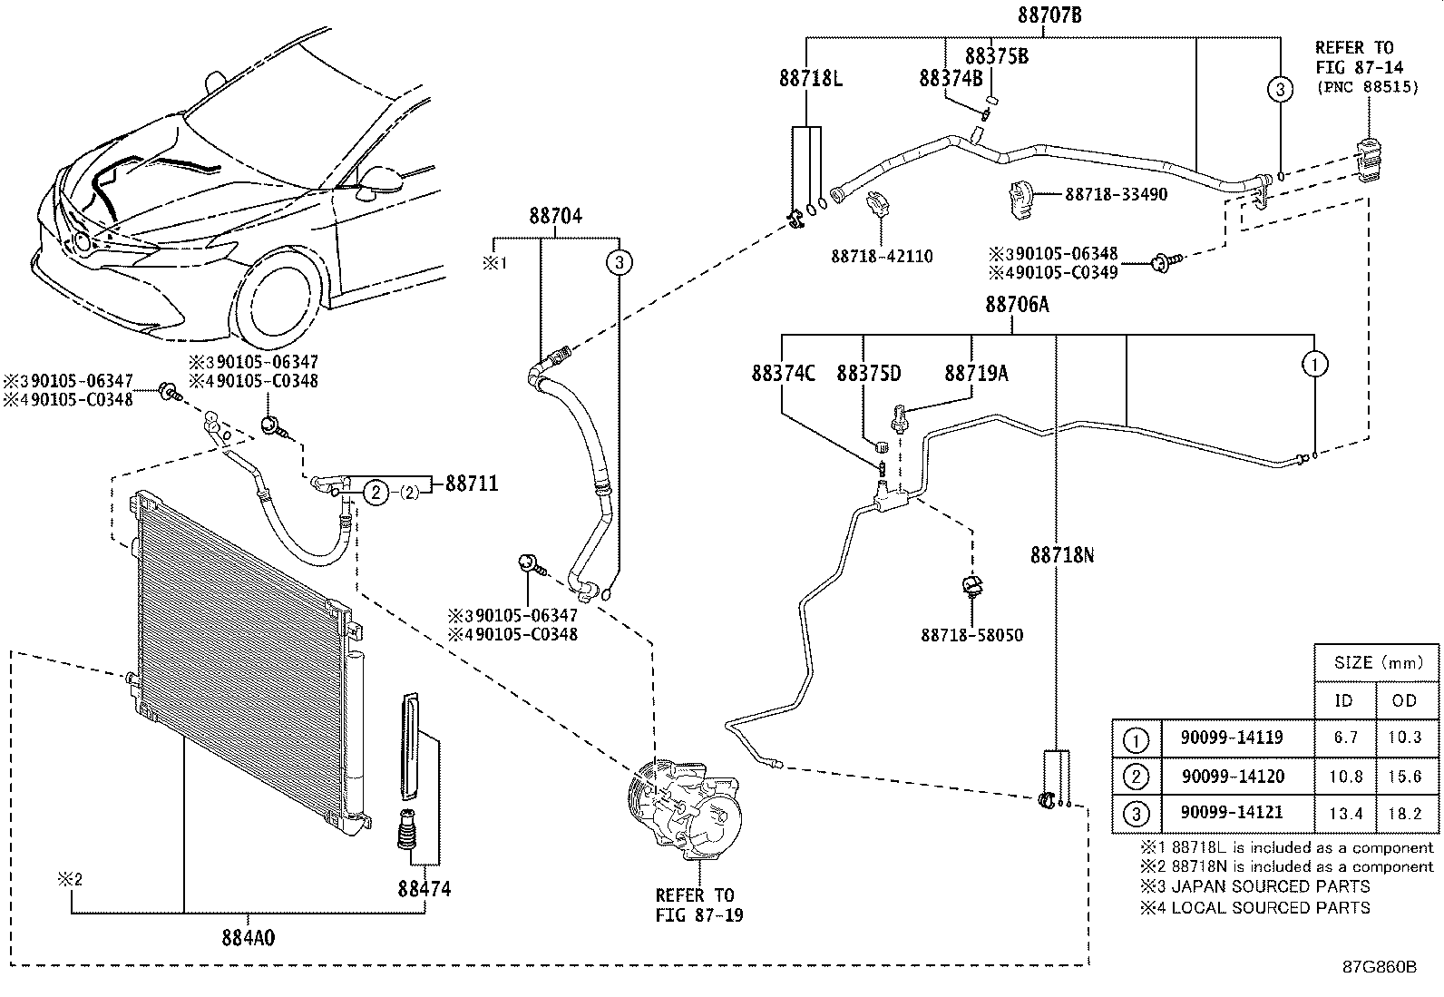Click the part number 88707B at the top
point(1049,15)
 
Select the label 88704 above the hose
point(556,215)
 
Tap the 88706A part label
point(1018,304)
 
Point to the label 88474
point(424,889)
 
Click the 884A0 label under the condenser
point(249,938)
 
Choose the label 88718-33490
point(1116,194)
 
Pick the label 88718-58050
point(972,635)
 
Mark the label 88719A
point(976,374)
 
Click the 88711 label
point(472,484)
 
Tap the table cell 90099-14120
point(1234,776)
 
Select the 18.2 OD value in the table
point(1405,814)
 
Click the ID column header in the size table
point(1343,700)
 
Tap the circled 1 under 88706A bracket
point(1314,365)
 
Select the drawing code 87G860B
point(1380,967)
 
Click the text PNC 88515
point(1372,87)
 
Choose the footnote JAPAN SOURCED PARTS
point(1271,886)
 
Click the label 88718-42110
point(882,257)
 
